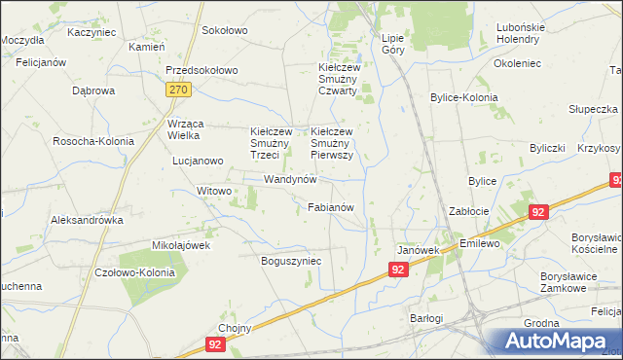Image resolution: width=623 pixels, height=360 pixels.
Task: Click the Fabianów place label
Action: (x=336, y=207)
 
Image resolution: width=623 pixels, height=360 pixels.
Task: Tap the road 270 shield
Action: (x=177, y=90)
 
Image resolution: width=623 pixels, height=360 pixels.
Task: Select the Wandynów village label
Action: (x=291, y=180)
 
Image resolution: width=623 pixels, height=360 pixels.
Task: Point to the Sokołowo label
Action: (x=225, y=31)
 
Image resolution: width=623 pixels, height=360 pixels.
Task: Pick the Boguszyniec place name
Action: (x=291, y=261)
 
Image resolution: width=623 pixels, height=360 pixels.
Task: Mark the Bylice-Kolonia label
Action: (x=464, y=98)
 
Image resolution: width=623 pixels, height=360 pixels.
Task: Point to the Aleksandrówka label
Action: (x=87, y=220)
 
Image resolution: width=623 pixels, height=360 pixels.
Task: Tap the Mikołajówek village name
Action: (x=181, y=245)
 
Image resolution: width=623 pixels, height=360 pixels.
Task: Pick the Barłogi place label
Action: (x=425, y=318)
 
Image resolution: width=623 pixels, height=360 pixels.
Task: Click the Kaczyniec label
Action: (x=92, y=32)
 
